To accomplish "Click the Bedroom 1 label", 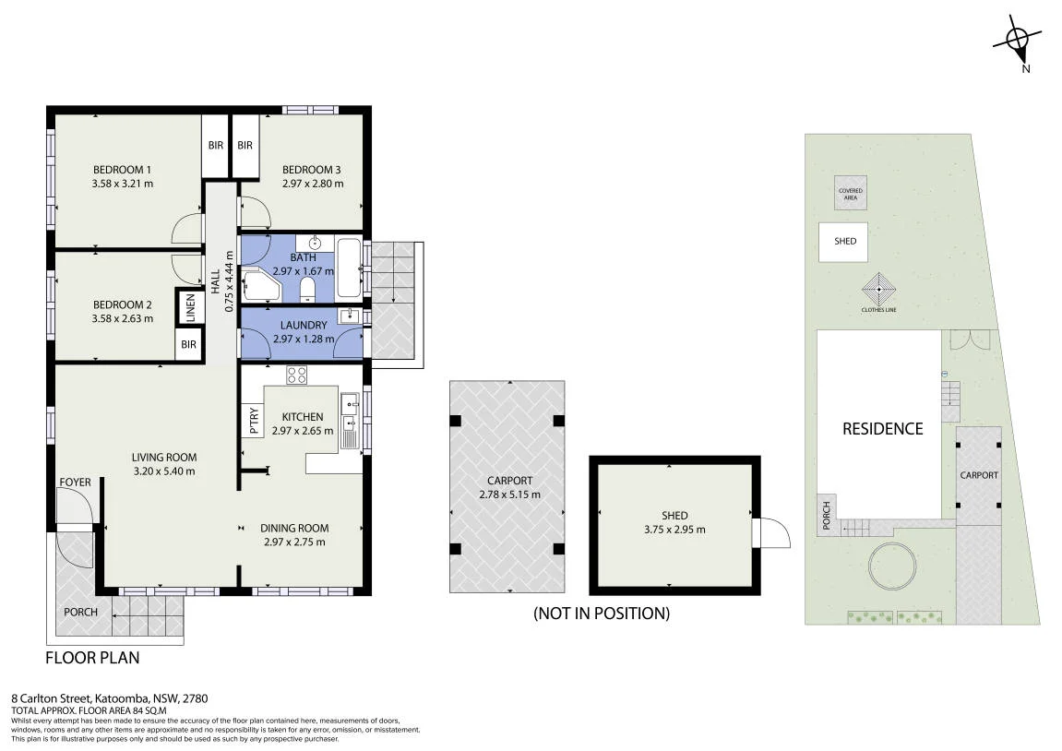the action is coord(122,169).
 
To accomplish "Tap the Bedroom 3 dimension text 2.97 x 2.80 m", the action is coord(312,184).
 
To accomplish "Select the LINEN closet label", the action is coord(190,307).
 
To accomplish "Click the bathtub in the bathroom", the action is coord(349,268).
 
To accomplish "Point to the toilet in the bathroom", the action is coord(307,290).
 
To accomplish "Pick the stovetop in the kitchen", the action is coord(297,375).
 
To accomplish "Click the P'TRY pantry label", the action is coord(254,421).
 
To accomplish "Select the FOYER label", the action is coord(75,483).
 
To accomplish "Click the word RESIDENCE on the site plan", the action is coord(882,429).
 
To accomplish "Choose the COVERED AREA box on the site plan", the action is coord(851,194).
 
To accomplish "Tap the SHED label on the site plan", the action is coord(845,241).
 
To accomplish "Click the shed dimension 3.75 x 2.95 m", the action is coord(674,530).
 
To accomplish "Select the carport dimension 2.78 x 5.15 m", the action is coord(509,495).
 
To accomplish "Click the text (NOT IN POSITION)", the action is coord(602,614).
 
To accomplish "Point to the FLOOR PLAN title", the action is coord(92,658).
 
